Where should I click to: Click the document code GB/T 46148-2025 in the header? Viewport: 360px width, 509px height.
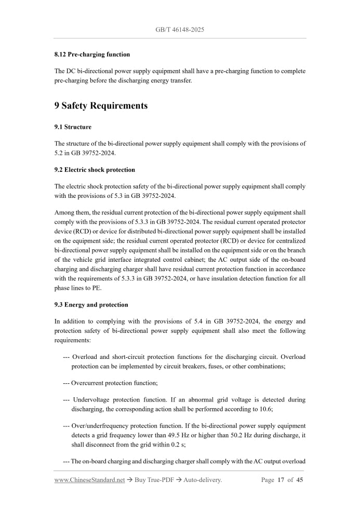point(180,30)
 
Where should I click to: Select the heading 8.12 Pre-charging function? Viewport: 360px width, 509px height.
point(92,54)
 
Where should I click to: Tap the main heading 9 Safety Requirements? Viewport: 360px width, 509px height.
point(101,106)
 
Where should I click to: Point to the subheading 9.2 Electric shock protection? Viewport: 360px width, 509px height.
point(95,169)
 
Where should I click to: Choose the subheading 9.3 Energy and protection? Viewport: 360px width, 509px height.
point(91,304)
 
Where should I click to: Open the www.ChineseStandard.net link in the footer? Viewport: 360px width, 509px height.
point(89,480)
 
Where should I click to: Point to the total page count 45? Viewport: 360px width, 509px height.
point(299,480)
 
